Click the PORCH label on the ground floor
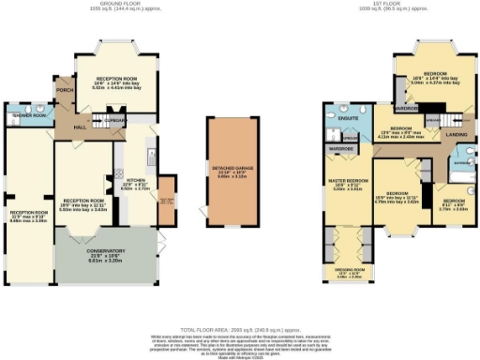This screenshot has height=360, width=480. click(64, 91)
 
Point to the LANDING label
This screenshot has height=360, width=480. click(457, 134)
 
